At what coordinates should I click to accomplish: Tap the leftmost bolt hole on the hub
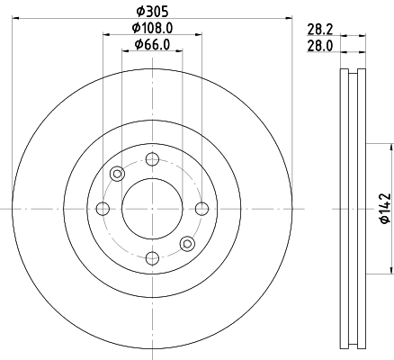click(103, 209)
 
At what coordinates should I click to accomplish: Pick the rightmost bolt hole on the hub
click(201, 209)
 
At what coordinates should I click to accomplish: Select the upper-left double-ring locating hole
click(117, 175)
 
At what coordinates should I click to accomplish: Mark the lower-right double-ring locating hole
click(187, 243)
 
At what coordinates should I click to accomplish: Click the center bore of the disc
click(152, 209)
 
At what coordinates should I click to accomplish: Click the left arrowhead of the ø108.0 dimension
click(106, 34)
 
